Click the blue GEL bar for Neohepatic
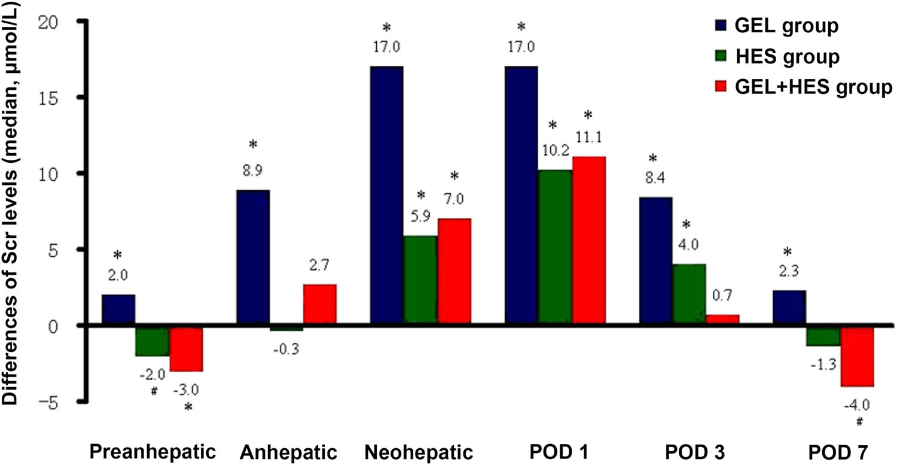pyautogui.click(x=386, y=196)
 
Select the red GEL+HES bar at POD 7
pyautogui.click(x=857, y=356)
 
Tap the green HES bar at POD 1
pyautogui.click(x=555, y=248)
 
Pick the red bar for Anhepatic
pyautogui.click(x=319, y=305)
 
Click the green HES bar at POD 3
pyautogui.click(x=689, y=294)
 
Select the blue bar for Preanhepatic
pyautogui.click(x=118, y=310)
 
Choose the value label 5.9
pyautogui.click(x=420, y=218)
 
